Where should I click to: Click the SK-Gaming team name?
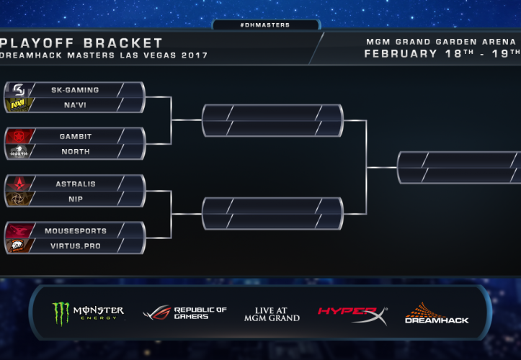pos(75,90)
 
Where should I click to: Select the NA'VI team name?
pos(75,104)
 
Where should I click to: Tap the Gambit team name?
pos(76,136)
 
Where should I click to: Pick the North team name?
pos(76,151)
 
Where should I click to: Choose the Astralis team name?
pos(76,184)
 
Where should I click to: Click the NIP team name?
pos(76,198)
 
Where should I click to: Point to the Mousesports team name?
pos(76,231)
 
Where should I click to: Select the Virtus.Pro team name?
pos(76,246)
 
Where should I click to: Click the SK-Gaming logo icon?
pos(17,90)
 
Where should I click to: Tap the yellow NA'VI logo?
pos(17,105)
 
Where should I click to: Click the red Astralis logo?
pos(17,184)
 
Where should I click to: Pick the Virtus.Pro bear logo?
pos(17,246)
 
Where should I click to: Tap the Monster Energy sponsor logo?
pos(88,313)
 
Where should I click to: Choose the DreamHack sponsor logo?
pos(436,313)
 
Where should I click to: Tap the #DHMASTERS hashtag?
pos(265,24)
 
